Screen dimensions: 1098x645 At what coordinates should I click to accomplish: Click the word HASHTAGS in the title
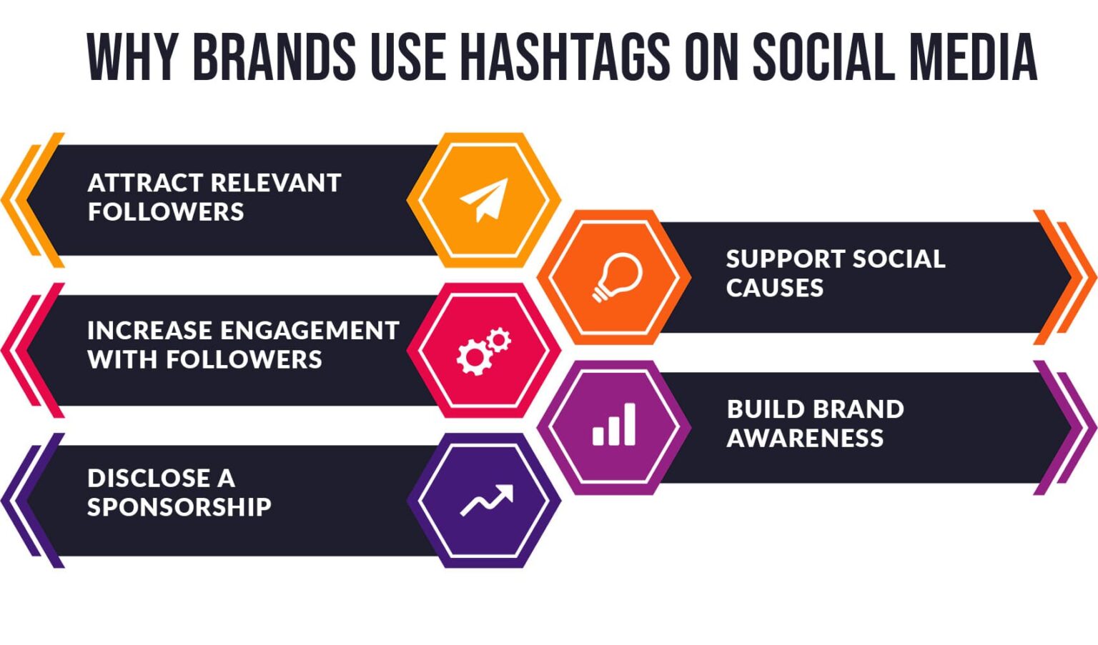click(566, 57)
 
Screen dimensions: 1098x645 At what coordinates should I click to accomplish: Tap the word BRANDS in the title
click(274, 57)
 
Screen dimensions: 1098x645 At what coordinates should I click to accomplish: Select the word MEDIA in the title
click(973, 57)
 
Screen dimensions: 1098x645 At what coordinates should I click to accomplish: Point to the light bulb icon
click(617, 277)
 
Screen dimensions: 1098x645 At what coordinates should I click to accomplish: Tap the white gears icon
click(484, 351)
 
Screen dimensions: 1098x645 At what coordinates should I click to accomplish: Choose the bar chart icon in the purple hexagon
click(614, 424)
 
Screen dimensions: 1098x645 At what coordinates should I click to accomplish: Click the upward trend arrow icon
click(487, 501)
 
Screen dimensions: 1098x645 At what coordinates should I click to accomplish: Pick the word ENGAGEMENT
click(310, 331)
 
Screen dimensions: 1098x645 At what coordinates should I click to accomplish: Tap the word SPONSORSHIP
click(179, 507)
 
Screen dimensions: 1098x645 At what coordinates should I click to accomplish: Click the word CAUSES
click(774, 287)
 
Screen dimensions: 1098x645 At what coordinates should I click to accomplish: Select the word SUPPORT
click(786, 259)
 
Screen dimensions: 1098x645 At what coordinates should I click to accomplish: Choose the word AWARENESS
click(806, 438)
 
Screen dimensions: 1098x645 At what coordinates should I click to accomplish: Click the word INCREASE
click(150, 331)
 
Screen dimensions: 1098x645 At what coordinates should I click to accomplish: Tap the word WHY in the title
click(132, 57)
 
